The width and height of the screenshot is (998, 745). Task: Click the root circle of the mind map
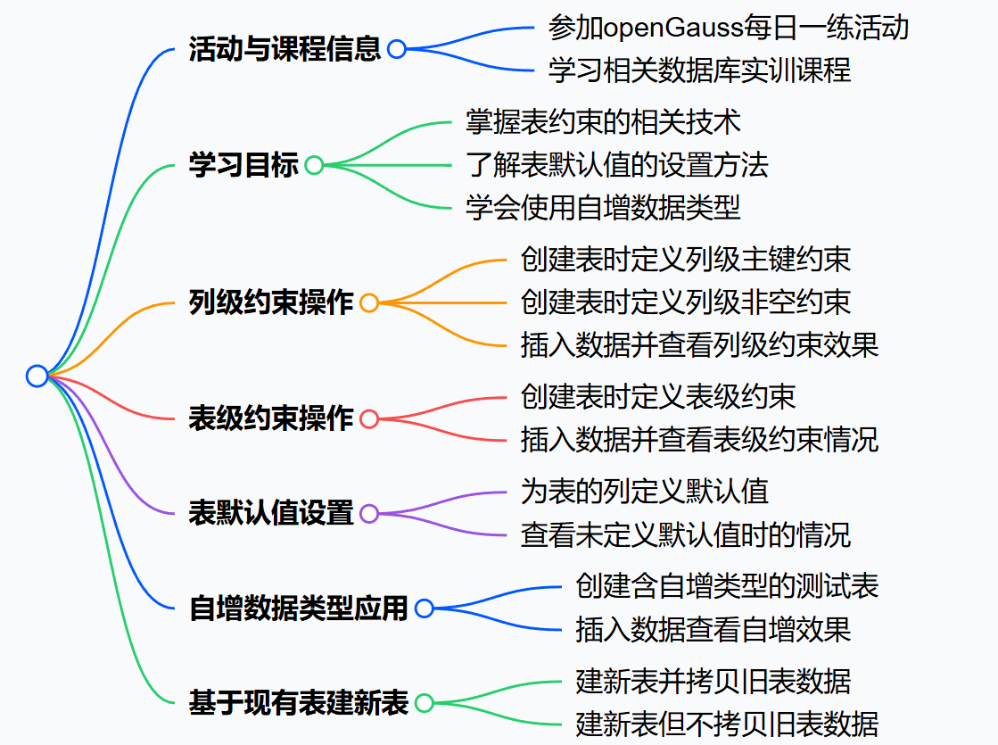click(37, 376)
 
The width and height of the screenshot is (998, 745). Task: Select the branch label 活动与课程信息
click(285, 48)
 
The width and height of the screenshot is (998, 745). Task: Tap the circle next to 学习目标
click(314, 165)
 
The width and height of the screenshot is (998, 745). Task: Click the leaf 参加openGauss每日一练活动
click(728, 28)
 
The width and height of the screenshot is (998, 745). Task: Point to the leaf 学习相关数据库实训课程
click(699, 70)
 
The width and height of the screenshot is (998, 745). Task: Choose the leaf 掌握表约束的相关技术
click(603, 121)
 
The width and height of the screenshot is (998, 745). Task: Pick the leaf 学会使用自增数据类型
click(603, 208)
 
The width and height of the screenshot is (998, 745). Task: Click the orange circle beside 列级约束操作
click(369, 302)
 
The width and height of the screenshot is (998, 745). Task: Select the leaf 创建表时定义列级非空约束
click(685, 302)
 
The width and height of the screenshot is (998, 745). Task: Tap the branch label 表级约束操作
click(271, 418)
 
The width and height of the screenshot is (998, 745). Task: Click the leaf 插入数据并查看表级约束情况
click(699, 439)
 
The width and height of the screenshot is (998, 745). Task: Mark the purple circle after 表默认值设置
click(369, 514)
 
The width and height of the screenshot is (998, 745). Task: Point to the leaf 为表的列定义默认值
click(644, 491)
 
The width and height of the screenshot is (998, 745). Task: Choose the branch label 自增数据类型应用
click(299, 608)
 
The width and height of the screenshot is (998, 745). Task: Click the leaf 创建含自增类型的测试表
click(727, 586)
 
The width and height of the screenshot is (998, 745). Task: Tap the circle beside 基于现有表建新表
click(425, 703)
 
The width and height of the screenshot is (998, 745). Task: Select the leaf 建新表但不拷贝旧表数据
click(727, 723)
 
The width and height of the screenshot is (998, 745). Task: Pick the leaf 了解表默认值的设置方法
click(616, 165)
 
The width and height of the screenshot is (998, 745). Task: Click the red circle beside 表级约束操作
click(369, 418)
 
